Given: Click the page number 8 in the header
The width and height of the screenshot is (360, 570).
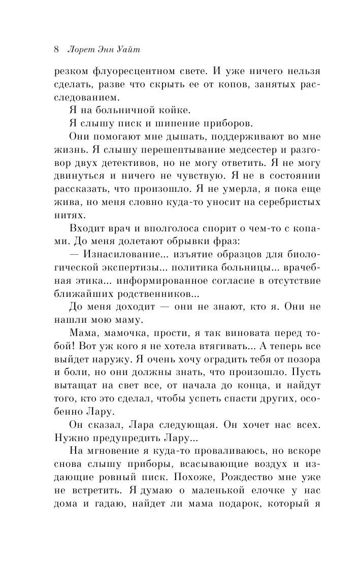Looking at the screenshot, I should [56, 50].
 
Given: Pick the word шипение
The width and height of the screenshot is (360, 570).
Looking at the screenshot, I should [166, 123].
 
